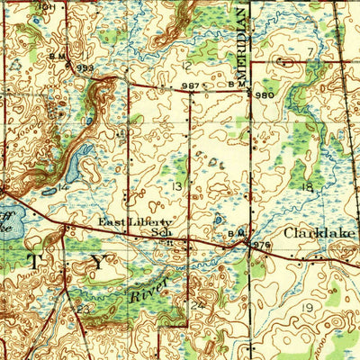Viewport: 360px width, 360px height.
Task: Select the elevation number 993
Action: [85, 67]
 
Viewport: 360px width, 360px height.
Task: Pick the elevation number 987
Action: [190, 85]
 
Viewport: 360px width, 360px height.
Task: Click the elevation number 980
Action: [265, 94]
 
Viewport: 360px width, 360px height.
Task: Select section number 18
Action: [307, 186]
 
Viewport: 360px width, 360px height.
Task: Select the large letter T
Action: [35, 262]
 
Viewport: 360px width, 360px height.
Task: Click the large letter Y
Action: [97, 263]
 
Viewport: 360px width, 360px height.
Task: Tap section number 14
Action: [61, 186]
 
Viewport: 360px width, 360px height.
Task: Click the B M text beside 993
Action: [59, 57]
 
